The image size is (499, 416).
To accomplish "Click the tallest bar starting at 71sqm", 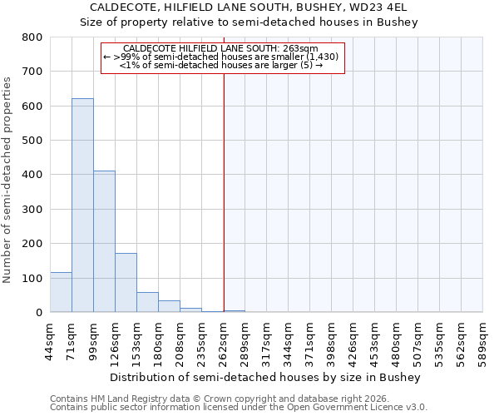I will pos(82,206).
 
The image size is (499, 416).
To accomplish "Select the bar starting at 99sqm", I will pos(104,241).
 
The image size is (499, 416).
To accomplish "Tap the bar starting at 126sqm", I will pos(126,283).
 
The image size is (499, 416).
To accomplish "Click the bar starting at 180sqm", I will pos(169,306).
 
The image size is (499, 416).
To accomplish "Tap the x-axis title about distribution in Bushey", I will pos(265,377).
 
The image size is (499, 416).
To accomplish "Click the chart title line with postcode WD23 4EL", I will pos(249,7).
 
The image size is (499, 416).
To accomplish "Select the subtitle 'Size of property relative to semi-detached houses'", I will pos(249,22).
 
